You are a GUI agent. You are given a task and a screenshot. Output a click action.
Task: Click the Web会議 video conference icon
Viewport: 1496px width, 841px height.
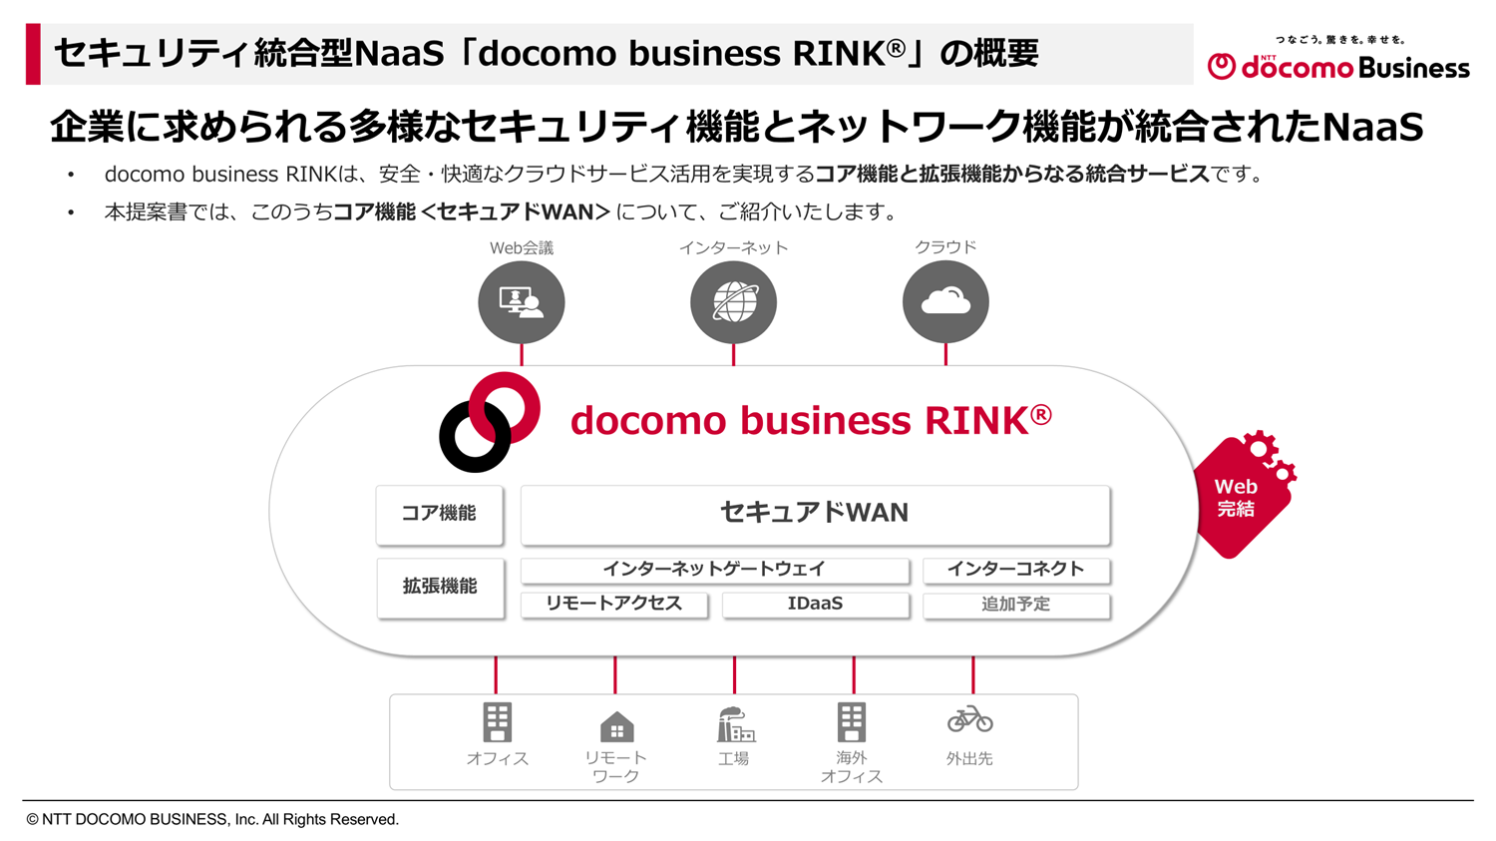pyautogui.click(x=521, y=301)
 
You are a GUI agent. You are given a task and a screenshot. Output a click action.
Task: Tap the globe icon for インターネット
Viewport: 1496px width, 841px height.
pyautogui.click(x=733, y=301)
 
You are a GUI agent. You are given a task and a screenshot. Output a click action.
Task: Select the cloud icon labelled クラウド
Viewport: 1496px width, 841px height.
pyautogui.click(x=945, y=301)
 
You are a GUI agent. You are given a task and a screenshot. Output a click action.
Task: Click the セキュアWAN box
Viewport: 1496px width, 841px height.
pyautogui.click(x=815, y=514)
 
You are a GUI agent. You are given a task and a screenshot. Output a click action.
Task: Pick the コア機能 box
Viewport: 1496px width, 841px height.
pyautogui.click(x=439, y=514)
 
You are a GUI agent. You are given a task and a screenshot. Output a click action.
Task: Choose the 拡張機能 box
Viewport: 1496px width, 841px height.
pyautogui.click(x=439, y=587)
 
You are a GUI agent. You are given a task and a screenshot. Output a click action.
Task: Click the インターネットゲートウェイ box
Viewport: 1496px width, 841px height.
pyautogui.click(x=714, y=570)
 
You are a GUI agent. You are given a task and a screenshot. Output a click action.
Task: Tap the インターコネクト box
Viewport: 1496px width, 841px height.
pyautogui.click(x=1015, y=570)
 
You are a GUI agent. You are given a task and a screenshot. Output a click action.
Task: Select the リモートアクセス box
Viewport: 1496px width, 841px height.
pyautogui.click(x=613, y=604)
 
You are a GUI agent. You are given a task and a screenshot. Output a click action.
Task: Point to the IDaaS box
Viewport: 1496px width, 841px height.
pyautogui.click(x=815, y=604)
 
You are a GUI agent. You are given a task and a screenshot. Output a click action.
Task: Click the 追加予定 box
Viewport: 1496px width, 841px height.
pyautogui.click(x=1015, y=605)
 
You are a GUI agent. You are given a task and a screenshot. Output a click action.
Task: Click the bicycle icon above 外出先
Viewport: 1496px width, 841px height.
pyautogui.click(x=969, y=719)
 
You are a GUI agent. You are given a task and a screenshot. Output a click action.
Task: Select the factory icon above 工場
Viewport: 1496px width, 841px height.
pyautogui.click(x=735, y=725)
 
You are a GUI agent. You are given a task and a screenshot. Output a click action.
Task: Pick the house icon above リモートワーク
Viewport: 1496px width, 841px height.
pyautogui.click(x=616, y=727)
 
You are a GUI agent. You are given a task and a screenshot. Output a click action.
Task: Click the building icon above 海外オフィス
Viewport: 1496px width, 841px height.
pyautogui.click(x=852, y=722)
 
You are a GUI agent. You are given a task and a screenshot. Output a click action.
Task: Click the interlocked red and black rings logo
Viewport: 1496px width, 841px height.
pyautogui.click(x=490, y=422)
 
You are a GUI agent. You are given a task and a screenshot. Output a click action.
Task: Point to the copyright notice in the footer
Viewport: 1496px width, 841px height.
pyautogui.click(x=212, y=819)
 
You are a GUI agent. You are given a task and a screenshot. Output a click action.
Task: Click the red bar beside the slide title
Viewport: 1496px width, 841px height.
pyautogui.click(x=33, y=54)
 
